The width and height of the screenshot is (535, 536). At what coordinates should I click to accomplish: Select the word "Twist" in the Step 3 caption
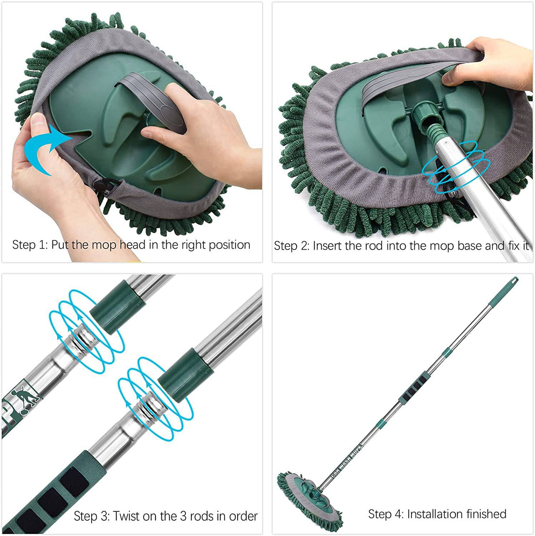tap(127, 516)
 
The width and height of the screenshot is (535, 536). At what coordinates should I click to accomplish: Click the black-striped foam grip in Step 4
tap(413, 388)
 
